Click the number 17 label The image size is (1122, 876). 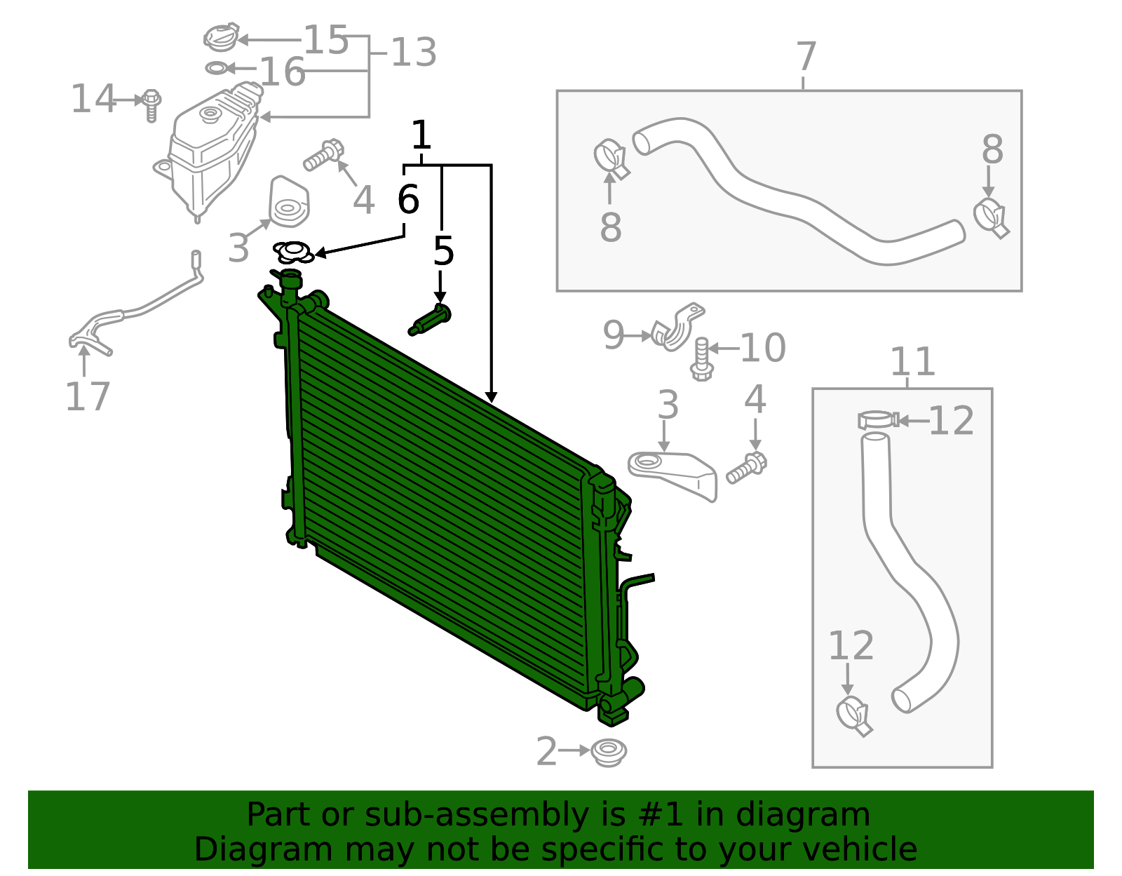(x=88, y=397)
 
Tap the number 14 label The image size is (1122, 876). (x=93, y=99)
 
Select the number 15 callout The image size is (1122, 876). (x=326, y=40)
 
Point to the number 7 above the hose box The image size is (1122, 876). (x=806, y=57)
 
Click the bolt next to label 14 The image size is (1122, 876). (x=151, y=105)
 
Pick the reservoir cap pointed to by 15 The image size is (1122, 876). (x=221, y=37)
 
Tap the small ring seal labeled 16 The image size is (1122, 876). (x=217, y=67)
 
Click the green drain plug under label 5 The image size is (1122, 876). (x=430, y=320)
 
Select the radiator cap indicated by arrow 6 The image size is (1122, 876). (x=292, y=252)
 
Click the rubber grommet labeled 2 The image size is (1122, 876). (x=609, y=753)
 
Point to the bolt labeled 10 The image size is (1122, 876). (x=701, y=359)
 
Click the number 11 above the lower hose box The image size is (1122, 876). (x=913, y=362)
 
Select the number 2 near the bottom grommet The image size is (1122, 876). (x=547, y=751)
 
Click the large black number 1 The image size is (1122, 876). (x=421, y=135)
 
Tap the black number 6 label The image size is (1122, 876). (x=408, y=199)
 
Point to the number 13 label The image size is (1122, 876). (x=414, y=53)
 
